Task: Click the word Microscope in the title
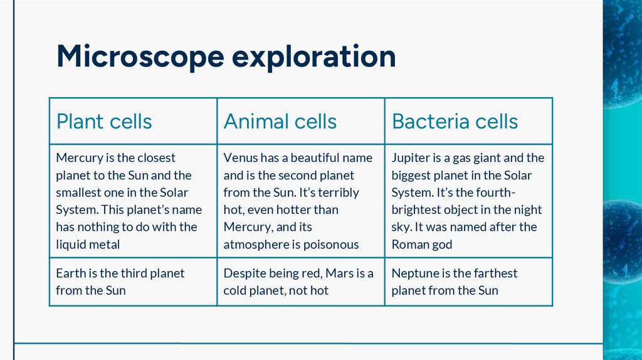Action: [x=140, y=56]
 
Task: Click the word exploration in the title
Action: [x=314, y=57]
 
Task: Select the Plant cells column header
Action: [x=104, y=121]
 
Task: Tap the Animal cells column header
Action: [x=280, y=121]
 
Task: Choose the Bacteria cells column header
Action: [x=455, y=121]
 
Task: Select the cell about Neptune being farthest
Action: [x=455, y=282]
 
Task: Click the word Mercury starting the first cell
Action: [x=77, y=158]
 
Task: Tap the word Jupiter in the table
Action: [x=411, y=158]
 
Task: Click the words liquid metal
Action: [x=87, y=245]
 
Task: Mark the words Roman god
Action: [x=421, y=245]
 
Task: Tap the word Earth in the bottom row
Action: [x=70, y=273]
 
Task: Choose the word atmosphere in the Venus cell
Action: [x=256, y=245]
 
